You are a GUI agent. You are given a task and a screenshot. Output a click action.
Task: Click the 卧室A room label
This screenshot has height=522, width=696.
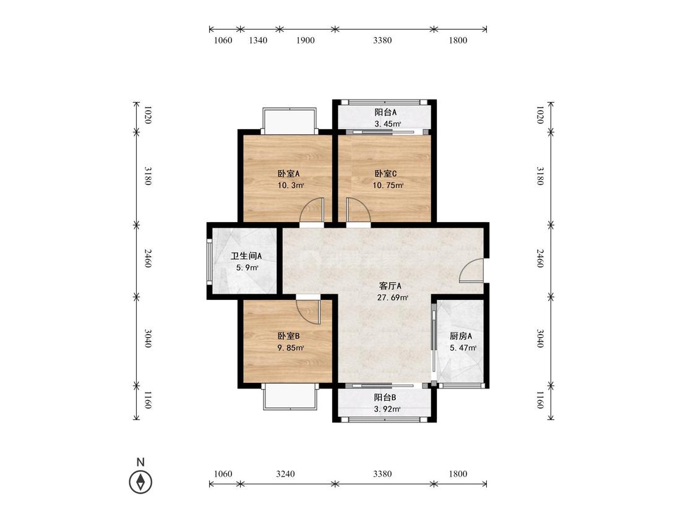coord(288,174)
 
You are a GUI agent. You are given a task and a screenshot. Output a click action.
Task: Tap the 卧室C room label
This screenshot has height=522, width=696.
coord(385,174)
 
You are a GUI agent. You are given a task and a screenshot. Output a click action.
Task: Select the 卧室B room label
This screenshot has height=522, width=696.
coord(288,336)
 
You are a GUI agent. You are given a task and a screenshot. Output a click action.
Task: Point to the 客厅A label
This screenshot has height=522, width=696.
coord(390,286)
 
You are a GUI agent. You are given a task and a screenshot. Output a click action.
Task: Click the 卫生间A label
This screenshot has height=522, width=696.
coord(246,256)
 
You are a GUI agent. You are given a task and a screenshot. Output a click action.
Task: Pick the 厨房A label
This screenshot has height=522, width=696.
coord(461,336)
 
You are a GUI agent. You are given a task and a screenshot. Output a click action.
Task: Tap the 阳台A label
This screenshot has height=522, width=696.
coord(385,113)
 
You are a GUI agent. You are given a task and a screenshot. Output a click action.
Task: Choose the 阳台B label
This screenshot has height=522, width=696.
coord(385,397)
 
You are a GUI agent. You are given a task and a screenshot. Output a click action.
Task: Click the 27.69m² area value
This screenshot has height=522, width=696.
coord(392,298)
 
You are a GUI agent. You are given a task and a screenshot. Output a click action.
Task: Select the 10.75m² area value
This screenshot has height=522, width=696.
coord(387,186)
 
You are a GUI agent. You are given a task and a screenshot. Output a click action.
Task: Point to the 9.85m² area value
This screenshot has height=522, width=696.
coord(291,348)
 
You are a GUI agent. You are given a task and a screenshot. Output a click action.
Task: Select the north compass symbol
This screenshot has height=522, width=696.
coord(140,482)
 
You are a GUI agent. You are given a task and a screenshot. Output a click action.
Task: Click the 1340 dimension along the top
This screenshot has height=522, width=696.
coord(258,40)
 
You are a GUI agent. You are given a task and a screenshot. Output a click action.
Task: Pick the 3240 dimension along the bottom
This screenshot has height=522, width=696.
coord(285,474)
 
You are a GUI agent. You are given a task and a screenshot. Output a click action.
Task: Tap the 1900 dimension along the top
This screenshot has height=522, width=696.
coord(306,40)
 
